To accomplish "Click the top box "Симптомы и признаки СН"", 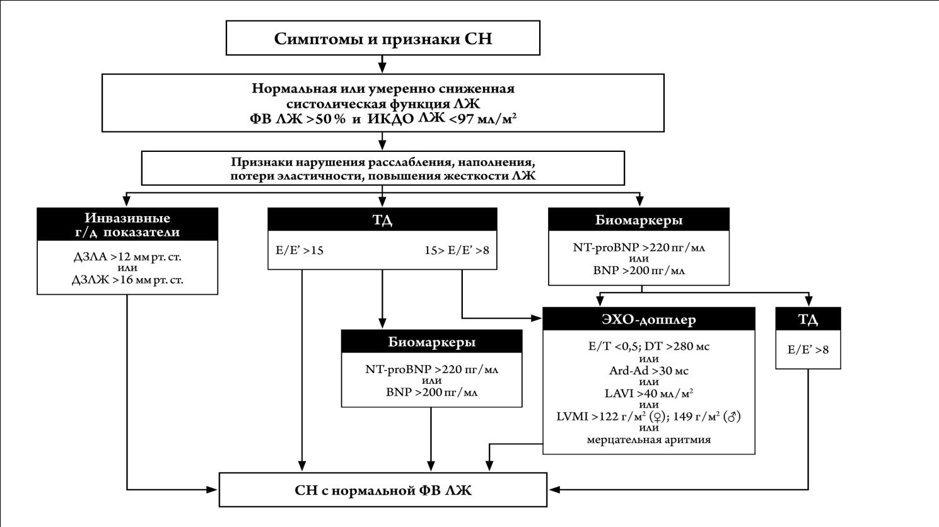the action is (x=383, y=38).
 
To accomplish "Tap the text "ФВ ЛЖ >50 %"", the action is (x=298, y=119).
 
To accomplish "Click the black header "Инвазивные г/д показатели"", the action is (x=127, y=224).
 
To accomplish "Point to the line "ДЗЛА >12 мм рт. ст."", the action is (x=127, y=257).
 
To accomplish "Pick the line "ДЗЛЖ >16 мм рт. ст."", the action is (x=127, y=279).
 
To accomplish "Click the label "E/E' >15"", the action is (x=300, y=250).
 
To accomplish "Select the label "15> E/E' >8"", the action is (x=457, y=250).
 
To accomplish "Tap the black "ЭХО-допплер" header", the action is (x=648, y=319).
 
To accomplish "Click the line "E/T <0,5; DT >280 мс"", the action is (x=648, y=347).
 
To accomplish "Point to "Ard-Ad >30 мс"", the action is (x=648, y=370).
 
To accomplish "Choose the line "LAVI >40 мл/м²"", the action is (x=648, y=393).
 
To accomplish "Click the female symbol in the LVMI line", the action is (x=658, y=417).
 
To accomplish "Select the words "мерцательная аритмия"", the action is (x=648, y=440).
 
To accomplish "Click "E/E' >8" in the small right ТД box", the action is (x=808, y=350).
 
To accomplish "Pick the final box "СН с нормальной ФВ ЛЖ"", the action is (x=383, y=490).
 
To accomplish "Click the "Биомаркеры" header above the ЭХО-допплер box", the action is (x=638, y=219).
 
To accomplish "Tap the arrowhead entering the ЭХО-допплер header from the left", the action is (x=537, y=318).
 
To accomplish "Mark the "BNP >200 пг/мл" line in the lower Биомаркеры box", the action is (x=431, y=392).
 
